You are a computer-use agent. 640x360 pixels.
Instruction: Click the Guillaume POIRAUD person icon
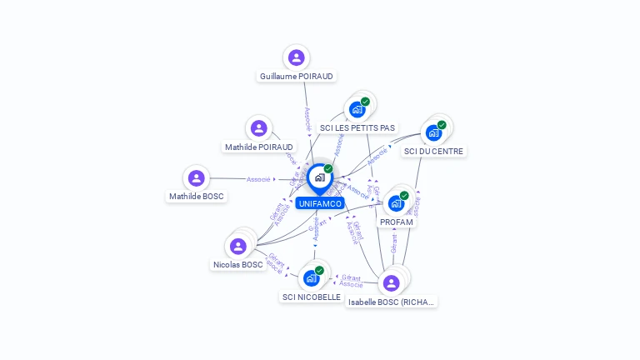(296, 57)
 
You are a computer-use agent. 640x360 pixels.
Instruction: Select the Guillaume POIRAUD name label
(297, 76)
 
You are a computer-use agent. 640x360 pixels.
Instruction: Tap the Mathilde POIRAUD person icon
(258, 128)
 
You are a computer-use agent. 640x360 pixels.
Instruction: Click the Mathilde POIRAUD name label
(259, 147)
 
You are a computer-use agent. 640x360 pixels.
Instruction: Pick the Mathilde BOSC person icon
(196, 178)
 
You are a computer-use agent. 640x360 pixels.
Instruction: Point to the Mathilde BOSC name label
(197, 197)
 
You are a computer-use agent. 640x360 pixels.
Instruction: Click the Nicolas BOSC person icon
(238, 246)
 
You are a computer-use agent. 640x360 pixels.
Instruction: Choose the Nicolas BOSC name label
(237, 265)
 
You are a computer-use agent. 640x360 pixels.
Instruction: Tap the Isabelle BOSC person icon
(392, 282)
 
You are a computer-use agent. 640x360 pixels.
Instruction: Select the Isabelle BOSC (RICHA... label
(392, 302)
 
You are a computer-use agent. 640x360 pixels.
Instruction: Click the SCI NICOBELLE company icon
(312, 277)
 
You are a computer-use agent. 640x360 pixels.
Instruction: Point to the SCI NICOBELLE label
(312, 297)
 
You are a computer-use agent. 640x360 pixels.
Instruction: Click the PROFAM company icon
(397, 202)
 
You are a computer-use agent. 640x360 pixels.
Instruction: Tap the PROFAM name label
(397, 222)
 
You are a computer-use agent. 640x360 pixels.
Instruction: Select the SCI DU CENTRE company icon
(433, 132)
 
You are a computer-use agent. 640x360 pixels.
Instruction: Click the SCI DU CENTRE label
(434, 152)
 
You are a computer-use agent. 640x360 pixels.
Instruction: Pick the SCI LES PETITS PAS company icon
(357, 109)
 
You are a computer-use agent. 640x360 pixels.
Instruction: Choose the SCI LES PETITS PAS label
(357, 128)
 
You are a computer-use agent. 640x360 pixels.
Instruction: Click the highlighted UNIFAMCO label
(319, 203)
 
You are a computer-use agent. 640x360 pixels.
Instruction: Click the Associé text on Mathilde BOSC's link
(258, 179)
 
